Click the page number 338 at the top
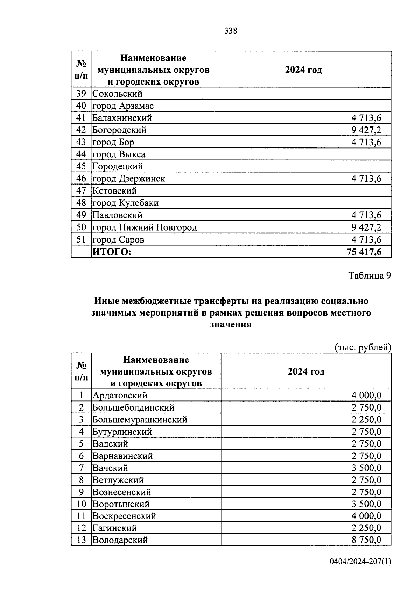point(231,31)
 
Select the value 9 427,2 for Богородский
point(366,130)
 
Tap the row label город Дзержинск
point(128,179)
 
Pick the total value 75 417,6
point(364,252)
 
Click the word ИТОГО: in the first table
point(111,252)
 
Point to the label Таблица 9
point(370,276)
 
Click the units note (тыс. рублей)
point(363,348)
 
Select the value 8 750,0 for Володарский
point(366,540)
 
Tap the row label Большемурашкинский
point(140,420)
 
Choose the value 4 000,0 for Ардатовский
point(366,396)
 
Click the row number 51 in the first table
point(81,240)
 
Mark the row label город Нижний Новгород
point(145,228)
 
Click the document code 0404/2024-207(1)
point(360,562)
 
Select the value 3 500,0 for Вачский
point(366,468)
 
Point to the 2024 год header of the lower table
point(306,371)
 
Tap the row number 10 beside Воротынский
point(81,504)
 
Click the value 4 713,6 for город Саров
point(366,240)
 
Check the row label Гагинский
point(114,528)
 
